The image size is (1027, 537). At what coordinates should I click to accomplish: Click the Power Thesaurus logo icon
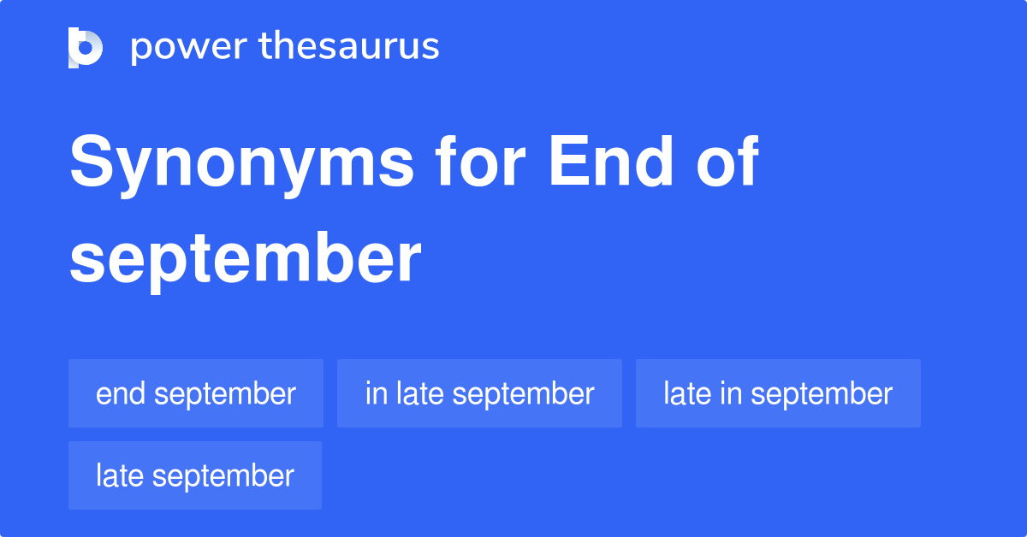(x=86, y=47)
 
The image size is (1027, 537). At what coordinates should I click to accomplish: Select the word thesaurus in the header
(x=349, y=47)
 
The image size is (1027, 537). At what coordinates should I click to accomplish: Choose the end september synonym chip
(x=196, y=393)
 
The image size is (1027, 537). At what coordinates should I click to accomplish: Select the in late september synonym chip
(x=479, y=393)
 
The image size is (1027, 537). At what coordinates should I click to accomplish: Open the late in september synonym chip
(x=778, y=393)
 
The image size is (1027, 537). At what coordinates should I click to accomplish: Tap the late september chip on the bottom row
(x=195, y=475)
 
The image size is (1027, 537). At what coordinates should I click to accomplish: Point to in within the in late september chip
(x=375, y=393)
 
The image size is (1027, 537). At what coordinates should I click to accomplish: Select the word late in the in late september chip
(x=419, y=393)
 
